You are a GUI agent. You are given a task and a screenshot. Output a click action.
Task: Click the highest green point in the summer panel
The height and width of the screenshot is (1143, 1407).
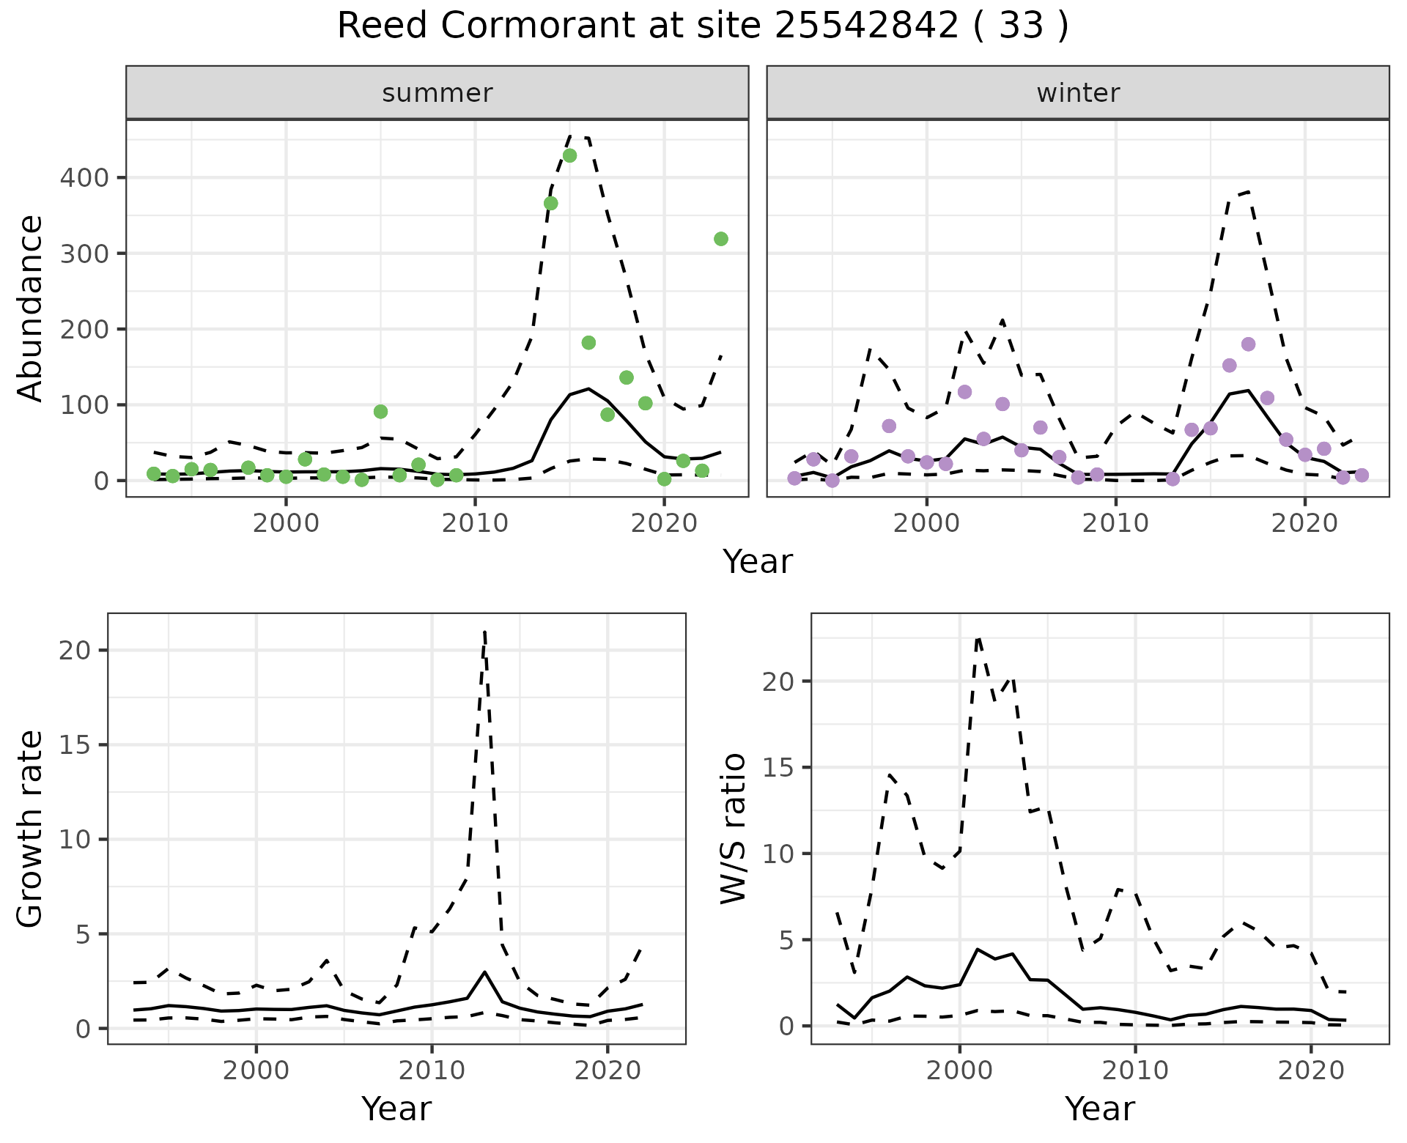coord(569,155)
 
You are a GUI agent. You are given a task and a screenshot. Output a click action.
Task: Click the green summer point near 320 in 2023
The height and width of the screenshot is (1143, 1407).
coord(720,239)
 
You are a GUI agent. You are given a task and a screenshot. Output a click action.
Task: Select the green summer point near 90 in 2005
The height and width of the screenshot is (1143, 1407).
coord(380,412)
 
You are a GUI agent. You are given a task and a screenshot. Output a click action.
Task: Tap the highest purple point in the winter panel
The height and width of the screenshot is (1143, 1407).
coord(1248,344)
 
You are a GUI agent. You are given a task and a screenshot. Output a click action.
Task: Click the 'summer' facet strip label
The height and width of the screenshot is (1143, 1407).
coord(437,93)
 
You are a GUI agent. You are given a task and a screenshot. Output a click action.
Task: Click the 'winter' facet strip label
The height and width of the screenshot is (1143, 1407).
coord(1078,93)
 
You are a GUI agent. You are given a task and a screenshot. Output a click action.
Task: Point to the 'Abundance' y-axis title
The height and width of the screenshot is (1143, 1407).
coord(31,308)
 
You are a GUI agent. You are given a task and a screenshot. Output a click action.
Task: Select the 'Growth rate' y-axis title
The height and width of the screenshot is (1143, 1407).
coord(31,828)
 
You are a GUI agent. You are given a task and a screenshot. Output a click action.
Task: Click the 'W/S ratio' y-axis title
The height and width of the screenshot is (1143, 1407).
coord(734,828)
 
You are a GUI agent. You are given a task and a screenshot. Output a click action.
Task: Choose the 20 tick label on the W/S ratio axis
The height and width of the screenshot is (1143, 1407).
coord(778,681)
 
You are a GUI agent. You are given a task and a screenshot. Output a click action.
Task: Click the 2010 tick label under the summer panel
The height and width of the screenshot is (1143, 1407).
coord(474,523)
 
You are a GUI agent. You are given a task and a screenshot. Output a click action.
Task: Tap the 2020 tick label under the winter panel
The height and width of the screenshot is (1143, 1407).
coord(1304,523)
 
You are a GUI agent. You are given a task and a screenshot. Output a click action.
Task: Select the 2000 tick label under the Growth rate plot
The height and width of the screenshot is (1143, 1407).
coord(256,1070)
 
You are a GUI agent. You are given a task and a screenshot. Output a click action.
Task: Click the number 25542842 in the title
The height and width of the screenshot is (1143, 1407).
coord(866,27)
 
